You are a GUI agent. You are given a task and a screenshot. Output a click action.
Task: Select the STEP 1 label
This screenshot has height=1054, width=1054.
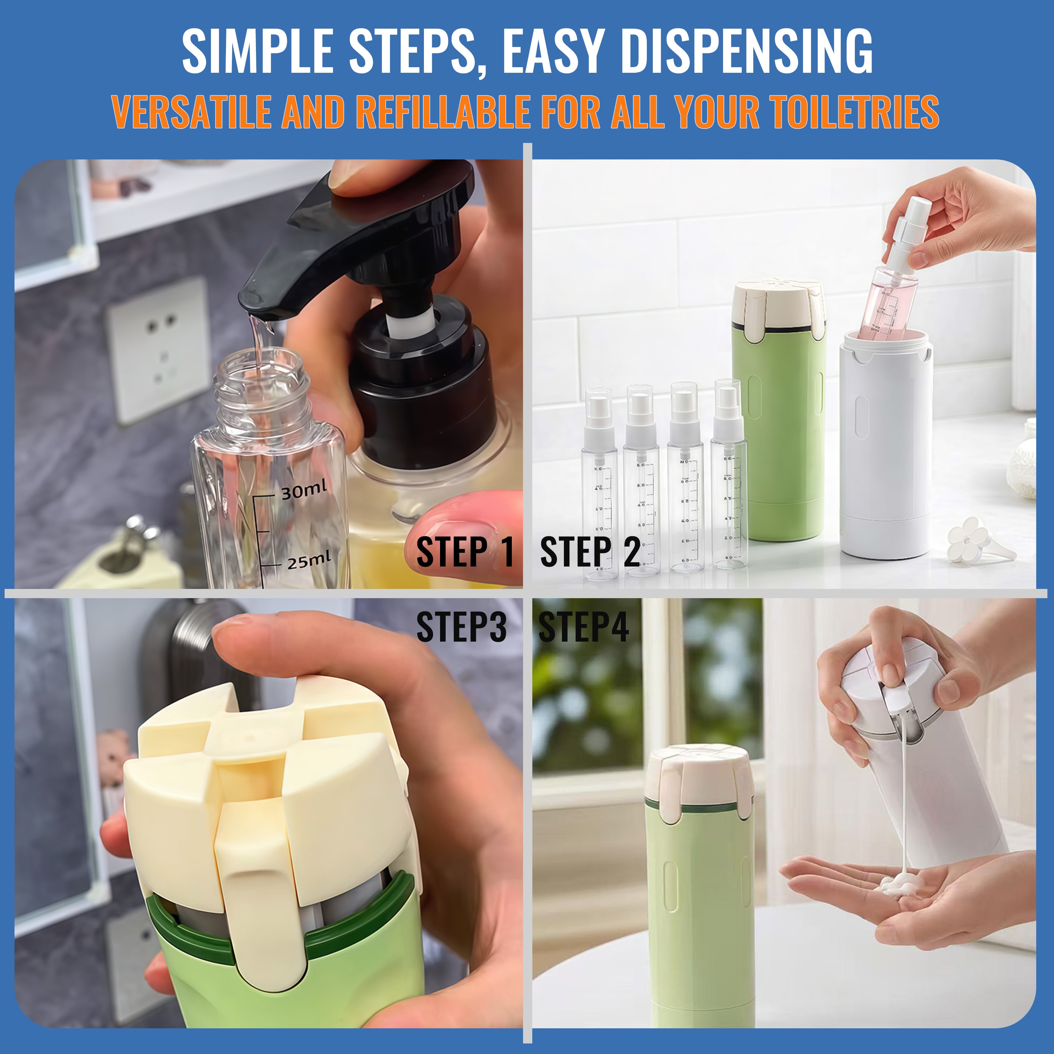click(465, 552)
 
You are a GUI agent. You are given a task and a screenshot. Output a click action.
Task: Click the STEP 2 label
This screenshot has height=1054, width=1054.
click(590, 552)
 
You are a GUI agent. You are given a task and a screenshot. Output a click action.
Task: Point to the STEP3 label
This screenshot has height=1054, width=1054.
click(461, 627)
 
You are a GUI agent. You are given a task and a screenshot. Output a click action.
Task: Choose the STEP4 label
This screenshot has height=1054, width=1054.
click(583, 627)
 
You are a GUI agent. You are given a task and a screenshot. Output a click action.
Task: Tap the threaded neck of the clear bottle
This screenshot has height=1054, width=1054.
click(258, 382)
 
